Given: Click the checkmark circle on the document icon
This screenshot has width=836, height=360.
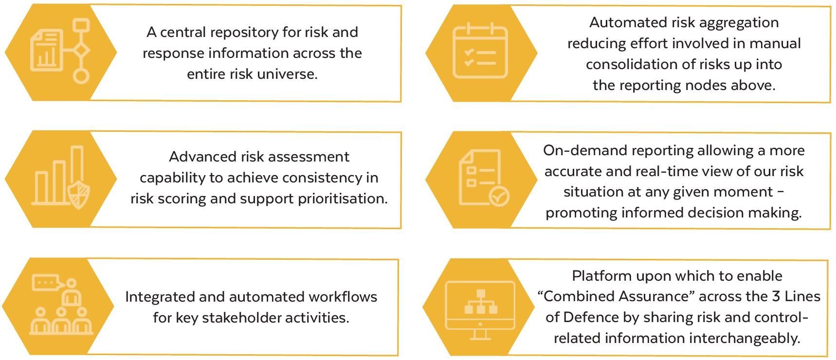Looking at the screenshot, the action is click(x=499, y=197).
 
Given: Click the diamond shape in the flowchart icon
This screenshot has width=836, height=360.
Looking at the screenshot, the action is click(x=81, y=50).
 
